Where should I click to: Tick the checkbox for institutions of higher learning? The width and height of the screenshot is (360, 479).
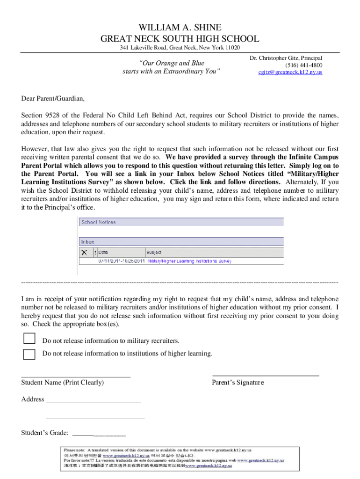point(29,354)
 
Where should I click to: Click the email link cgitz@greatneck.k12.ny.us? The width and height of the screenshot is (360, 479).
point(290,72)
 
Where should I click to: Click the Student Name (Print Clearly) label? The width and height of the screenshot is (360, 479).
point(62,383)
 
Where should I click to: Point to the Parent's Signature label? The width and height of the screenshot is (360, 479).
point(238,383)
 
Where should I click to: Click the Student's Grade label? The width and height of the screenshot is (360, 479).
point(45,433)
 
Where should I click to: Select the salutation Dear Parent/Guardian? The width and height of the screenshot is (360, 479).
point(53,99)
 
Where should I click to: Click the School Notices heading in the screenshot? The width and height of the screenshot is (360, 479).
point(99,222)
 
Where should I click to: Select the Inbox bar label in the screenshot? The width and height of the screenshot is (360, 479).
point(88,242)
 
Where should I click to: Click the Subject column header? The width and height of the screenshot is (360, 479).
point(154,252)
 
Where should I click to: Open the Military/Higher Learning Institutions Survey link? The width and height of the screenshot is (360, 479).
point(189,261)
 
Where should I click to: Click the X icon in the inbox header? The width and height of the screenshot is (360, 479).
point(85,252)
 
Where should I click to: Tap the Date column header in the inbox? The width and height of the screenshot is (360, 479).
point(103,252)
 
